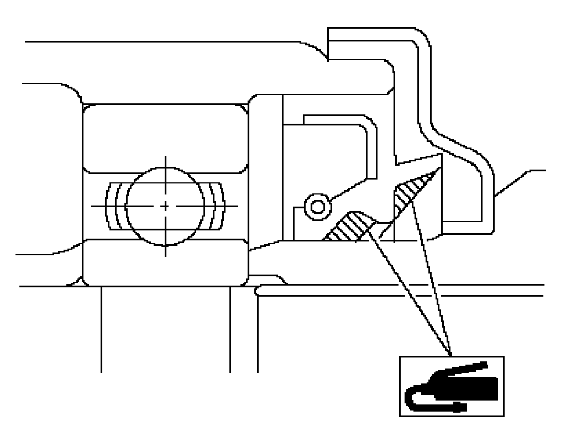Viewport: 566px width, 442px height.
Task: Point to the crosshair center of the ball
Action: (165, 206)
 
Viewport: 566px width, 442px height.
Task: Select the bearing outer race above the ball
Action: (165, 136)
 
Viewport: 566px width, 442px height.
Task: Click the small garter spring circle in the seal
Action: (317, 207)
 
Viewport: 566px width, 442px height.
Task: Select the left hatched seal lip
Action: (348, 227)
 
